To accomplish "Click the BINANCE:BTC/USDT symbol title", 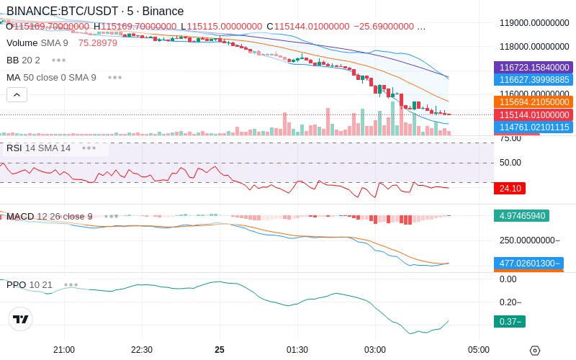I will coord(94,11).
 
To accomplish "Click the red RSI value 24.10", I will coord(510,189).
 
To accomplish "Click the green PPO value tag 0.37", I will coord(509,322).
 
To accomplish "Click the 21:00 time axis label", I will coord(64,349).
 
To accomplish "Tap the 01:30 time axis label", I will coord(297,349).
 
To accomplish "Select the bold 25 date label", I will coord(220,349).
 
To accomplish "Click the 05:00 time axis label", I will coord(479,349).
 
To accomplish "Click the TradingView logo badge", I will coord(21,319).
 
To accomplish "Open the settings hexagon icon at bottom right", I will coord(534,351).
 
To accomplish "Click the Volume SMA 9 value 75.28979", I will coord(98,43).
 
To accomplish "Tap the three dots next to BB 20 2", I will coord(58,60).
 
